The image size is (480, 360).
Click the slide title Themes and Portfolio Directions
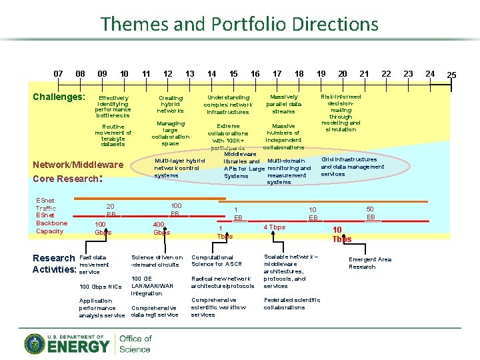(x=239, y=25)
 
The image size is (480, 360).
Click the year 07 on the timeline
(x=59, y=73)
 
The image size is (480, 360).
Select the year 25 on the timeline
(x=451, y=74)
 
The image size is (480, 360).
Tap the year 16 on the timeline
(x=255, y=73)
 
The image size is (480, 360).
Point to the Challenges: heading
(x=59, y=97)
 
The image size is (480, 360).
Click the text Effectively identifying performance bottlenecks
(x=113, y=107)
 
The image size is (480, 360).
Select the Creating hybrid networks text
(x=170, y=104)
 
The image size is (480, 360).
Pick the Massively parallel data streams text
(x=283, y=104)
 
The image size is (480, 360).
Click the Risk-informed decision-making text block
(x=341, y=113)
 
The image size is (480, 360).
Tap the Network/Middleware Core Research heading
(x=78, y=171)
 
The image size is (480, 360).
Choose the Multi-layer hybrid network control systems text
(x=179, y=167)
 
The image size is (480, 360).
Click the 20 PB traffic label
(x=111, y=211)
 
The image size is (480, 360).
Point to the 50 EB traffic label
(x=371, y=213)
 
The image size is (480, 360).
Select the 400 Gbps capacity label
(x=161, y=229)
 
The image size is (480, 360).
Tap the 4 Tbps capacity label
(x=274, y=227)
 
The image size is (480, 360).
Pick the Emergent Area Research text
(x=370, y=263)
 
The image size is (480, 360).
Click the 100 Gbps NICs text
(x=100, y=287)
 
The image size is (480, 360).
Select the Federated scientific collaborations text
(x=292, y=303)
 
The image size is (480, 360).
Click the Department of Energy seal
(x=35, y=344)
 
